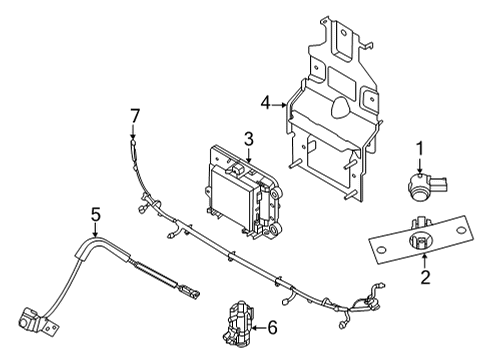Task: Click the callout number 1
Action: pos(419,149)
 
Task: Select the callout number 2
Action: pos(424,277)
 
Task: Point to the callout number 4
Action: pos(266,101)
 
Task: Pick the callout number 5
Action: pos(96,213)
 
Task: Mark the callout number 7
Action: pos(134,117)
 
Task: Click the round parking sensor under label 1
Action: pos(421,184)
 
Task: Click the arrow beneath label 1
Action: pos(420,166)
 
